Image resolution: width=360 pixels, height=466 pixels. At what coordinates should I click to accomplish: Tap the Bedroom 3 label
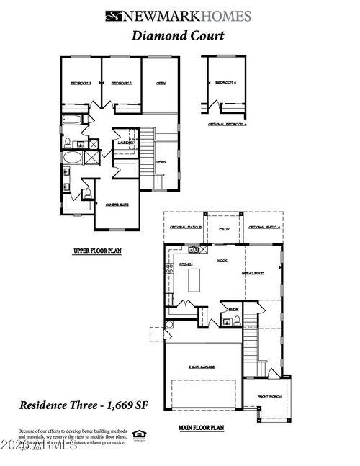[x=80, y=84]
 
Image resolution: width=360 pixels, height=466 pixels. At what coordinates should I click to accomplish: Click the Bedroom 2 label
[x=121, y=84]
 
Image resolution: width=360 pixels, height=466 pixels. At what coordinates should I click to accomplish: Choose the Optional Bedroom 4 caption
[x=227, y=124]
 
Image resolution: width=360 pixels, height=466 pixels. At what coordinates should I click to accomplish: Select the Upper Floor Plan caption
[x=98, y=251]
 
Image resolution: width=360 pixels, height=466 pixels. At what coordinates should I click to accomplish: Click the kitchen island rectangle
[x=192, y=284]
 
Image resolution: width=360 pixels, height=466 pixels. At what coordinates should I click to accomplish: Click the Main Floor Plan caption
[x=202, y=428]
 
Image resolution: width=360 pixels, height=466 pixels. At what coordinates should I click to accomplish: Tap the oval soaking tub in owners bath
[x=72, y=157]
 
